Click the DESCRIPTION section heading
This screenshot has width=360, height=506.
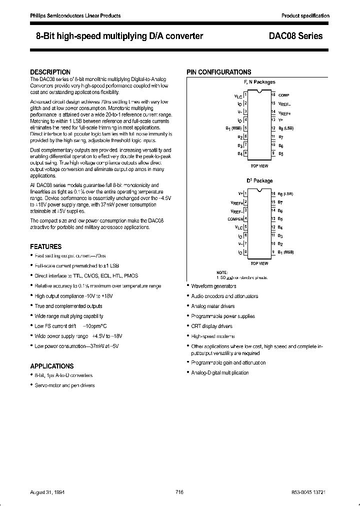point(50,72)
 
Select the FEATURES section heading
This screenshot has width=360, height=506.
point(46,246)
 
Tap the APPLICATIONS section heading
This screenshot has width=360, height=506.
point(52,366)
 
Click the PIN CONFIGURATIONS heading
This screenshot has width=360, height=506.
point(219,72)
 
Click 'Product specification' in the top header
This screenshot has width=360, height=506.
point(305,16)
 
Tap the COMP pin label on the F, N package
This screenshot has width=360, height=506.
point(283,94)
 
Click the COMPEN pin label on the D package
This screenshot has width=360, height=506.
point(235,218)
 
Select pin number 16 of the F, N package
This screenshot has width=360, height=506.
point(273,94)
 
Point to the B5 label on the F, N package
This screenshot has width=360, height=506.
point(280,153)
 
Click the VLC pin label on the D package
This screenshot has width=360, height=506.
point(238,227)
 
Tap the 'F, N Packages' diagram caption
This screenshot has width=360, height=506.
point(259,82)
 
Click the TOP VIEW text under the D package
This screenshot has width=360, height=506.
point(259,263)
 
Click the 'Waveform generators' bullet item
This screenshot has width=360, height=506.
point(213,286)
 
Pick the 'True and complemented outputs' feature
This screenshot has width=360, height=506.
point(68,306)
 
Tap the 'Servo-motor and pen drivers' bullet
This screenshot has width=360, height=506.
point(64,385)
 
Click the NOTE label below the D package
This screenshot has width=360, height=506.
point(222,272)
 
